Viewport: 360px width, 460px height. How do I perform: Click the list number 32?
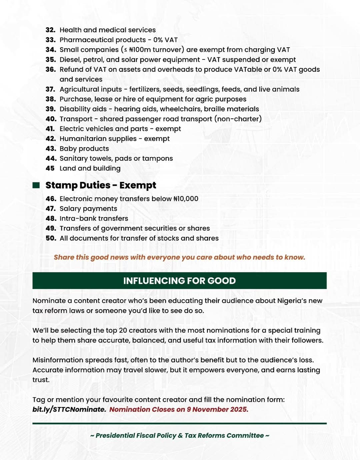50,30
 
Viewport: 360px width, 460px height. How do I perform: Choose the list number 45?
50,168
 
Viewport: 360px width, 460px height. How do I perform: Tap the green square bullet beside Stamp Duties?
36,185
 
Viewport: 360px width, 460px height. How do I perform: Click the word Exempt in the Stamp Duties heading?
138,185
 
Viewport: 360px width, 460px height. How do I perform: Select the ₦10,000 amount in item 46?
186,199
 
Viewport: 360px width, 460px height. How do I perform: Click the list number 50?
51,239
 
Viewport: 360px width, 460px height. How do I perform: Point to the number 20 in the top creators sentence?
123,331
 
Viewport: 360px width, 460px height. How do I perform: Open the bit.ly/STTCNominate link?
69,410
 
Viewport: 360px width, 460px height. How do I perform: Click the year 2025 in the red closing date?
239,410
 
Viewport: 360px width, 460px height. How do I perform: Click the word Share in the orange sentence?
64,258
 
